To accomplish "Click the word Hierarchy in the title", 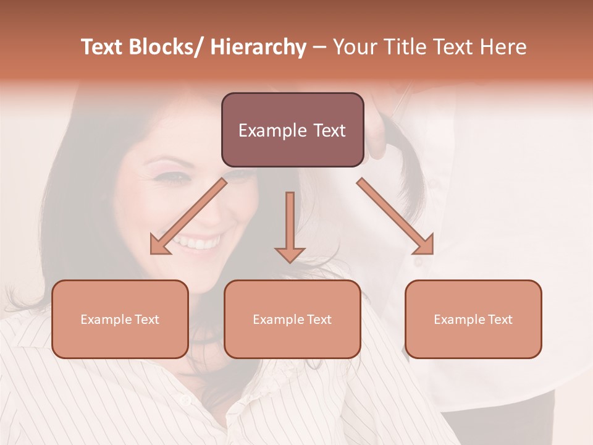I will [258, 48].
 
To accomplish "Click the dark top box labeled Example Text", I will [292, 130].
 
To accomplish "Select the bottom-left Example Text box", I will [120, 320].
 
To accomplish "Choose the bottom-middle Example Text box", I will [292, 320].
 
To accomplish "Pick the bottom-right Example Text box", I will [473, 320].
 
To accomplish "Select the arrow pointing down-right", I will [395, 216].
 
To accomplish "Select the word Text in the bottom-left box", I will [146, 320].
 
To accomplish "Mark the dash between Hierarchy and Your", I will [319, 48].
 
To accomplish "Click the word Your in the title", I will [355, 48].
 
